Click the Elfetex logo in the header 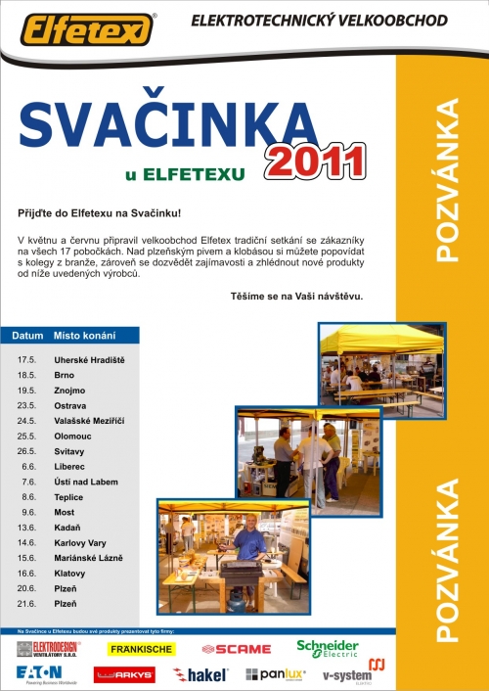coord(87,27)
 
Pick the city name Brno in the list coord(65,375)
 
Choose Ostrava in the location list coord(70,405)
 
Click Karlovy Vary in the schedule coord(80,542)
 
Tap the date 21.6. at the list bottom coord(26,603)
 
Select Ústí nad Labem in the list coord(85,482)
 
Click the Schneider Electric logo coord(328,648)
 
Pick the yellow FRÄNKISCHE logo coord(142,649)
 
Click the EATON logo coord(39,673)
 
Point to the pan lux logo coord(277,674)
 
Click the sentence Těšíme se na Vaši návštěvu coord(297,295)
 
